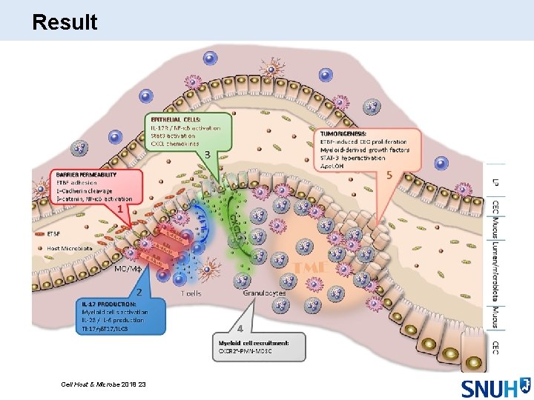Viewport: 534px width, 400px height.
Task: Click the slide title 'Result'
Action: point(65,22)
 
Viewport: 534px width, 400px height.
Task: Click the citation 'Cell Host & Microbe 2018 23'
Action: point(105,384)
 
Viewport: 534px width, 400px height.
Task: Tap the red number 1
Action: point(119,210)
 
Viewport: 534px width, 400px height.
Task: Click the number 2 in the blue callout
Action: point(139,292)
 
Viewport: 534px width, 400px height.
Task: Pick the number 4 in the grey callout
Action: point(239,327)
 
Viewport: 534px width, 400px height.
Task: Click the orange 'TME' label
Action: point(311,267)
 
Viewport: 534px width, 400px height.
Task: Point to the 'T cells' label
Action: point(191,293)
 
